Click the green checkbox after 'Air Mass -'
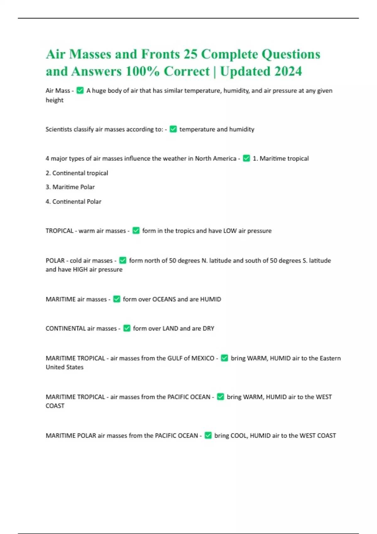click(80, 90)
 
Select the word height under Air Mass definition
click(55, 100)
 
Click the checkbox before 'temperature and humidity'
click(173, 129)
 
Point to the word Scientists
click(59, 129)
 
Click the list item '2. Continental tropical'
click(77, 173)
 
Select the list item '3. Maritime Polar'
click(70, 187)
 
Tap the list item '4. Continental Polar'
click(74, 201)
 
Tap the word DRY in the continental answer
click(208, 328)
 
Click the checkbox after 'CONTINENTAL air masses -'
click(127, 328)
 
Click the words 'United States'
click(65, 367)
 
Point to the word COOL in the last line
click(239, 435)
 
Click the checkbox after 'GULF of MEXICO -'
click(224, 358)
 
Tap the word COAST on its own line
click(55, 406)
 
